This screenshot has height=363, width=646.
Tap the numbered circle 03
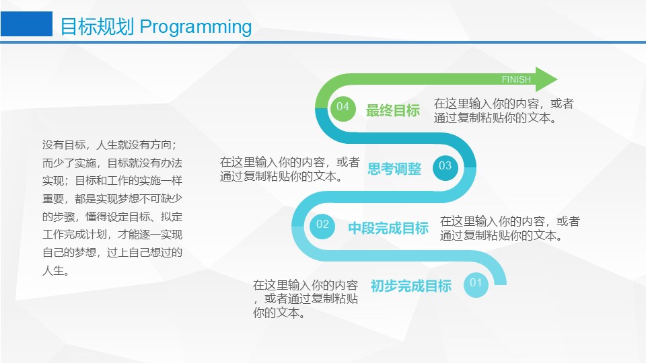coord(445,167)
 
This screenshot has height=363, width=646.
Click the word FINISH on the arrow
coord(516,79)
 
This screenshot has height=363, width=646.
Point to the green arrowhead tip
coord(557,79)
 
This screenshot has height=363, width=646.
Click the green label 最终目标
coord(392,110)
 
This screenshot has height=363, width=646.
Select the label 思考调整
coord(394,169)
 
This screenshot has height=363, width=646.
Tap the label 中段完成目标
coord(388,228)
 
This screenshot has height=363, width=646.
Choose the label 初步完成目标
coord(410,286)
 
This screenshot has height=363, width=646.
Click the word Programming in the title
coord(196,27)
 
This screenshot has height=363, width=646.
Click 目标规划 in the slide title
coord(97,26)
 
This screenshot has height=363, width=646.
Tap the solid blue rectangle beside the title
coord(26,24)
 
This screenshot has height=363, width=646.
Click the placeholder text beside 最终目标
coord(503,111)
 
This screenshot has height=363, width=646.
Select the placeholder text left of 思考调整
coord(289,169)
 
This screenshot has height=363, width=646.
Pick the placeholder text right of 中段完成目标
coord(509,229)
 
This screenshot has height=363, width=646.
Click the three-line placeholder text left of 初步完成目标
coord(306,298)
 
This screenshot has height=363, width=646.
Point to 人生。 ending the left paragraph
coord(56,271)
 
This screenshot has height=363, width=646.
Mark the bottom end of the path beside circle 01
coord(500,284)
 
